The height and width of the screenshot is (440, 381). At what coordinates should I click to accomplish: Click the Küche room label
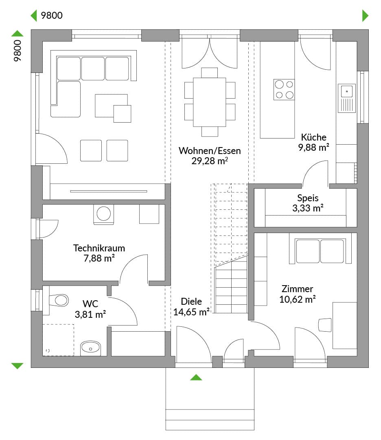pos(313,137)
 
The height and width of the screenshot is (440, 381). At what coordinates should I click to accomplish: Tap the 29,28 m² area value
pos(209,161)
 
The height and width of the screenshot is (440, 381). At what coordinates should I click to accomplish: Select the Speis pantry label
pos(308,198)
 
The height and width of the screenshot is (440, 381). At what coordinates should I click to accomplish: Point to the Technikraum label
pos(99,248)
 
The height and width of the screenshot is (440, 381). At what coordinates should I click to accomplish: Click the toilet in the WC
pos(59,300)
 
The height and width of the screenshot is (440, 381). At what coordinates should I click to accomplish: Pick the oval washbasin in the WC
pos(90,348)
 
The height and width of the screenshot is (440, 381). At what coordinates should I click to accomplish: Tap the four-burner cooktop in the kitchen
pos(284,90)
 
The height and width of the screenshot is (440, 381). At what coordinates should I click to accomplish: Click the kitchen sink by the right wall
pos(346,98)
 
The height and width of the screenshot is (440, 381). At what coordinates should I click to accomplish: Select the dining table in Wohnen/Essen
pos(209,102)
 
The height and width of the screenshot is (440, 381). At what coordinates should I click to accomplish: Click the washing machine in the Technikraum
pos(103,214)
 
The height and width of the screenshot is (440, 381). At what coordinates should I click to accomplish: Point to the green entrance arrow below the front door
pos(196,377)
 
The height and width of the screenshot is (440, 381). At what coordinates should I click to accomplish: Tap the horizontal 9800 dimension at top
pos(52,15)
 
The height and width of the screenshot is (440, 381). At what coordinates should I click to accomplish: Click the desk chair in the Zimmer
pos(325,325)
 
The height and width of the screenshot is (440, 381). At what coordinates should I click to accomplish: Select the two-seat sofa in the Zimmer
pos(320,251)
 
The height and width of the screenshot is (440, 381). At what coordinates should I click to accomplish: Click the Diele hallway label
pos(191,301)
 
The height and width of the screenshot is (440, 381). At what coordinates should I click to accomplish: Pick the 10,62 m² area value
pos(297,299)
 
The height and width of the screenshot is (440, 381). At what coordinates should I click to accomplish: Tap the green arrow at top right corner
pos(365,15)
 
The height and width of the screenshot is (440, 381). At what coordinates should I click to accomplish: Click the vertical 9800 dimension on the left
pos(18,51)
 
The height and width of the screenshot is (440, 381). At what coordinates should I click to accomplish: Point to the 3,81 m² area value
pos(90,315)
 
